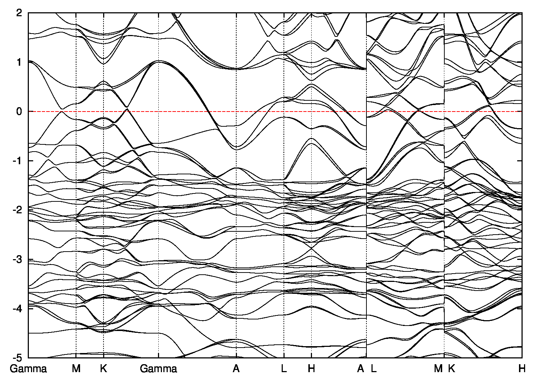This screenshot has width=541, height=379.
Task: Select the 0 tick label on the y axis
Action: [x=19, y=112]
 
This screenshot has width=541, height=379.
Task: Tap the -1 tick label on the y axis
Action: [x=17, y=161]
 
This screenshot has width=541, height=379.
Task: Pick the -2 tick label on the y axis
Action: [x=17, y=210]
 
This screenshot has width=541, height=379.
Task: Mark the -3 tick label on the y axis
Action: [x=17, y=260]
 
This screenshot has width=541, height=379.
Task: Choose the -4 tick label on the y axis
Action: [x=17, y=309]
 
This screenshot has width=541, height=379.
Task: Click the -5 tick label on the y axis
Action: [x=17, y=358]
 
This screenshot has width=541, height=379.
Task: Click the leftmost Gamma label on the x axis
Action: [x=28, y=369]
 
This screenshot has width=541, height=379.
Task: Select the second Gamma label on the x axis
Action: [x=158, y=369]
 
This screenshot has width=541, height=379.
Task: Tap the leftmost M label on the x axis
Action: [x=76, y=369]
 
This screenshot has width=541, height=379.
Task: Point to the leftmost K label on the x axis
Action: [x=104, y=369]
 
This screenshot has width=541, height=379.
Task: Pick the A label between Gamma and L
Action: [x=236, y=369]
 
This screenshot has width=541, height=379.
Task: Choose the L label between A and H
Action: [x=284, y=369]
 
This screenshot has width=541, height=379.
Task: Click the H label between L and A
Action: [x=312, y=369]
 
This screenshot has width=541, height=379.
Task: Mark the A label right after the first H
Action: [x=360, y=369]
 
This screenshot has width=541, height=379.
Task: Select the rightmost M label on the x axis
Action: [x=438, y=369]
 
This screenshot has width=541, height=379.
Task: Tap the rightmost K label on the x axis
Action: [x=452, y=369]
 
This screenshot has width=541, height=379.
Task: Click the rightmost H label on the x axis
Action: [x=522, y=369]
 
